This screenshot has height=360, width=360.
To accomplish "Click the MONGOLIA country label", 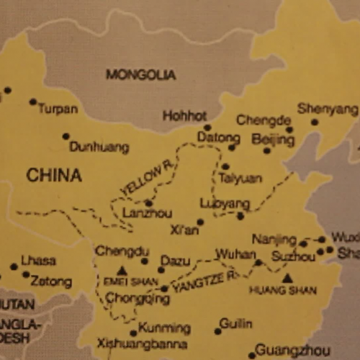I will click(x=140, y=74).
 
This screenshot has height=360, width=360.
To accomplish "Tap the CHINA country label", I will click(x=54, y=175).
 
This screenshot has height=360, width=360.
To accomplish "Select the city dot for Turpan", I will click(x=32, y=102).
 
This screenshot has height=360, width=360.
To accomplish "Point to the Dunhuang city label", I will click(x=99, y=147).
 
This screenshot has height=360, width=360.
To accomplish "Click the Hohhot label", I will click(x=184, y=115).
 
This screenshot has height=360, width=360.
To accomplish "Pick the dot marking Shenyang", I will click(x=315, y=122).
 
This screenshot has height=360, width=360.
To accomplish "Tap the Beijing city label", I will click(x=274, y=138).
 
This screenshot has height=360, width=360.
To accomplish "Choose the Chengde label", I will click(x=264, y=120).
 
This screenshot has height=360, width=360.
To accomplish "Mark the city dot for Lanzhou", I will click(x=148, y=203).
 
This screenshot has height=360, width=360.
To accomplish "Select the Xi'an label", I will click(x=184, y=230).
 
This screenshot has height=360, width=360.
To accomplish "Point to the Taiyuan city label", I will click(x=240, y=178).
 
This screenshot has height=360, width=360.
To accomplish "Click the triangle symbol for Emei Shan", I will click(x=122, y=271).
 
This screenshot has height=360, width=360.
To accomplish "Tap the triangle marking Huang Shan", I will click(x=287, y=277).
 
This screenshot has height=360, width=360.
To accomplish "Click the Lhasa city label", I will click(x=38, y=260).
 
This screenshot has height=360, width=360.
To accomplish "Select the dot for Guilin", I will click(x=218, y=331).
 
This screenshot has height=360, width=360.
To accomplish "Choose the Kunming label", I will click(x=164, y=328).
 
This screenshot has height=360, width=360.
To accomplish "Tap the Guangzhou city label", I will click(x=292, y=350).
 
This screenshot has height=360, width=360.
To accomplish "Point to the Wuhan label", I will click(x=235, y=255).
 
